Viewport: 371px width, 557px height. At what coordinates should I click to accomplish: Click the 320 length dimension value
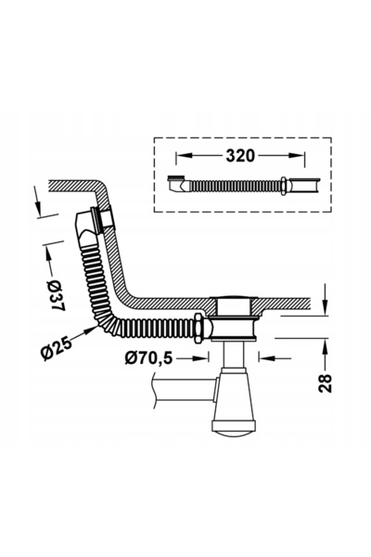[x=240, y=156]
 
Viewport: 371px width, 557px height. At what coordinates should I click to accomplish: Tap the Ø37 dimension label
[x=56, y=295]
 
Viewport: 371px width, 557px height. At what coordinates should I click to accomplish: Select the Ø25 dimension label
[x=56, y=348]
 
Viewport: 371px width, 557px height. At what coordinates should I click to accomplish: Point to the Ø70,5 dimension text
[x=148, y=358]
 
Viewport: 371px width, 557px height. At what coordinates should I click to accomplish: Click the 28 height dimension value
[x=325, y=382]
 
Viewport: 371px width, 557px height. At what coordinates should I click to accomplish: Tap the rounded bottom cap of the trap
[x=234, y=426]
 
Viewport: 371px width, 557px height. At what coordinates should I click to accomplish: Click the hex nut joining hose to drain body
[x=198, y=328]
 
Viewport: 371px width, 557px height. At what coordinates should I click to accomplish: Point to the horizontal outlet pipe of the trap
[x=185, y=389]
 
